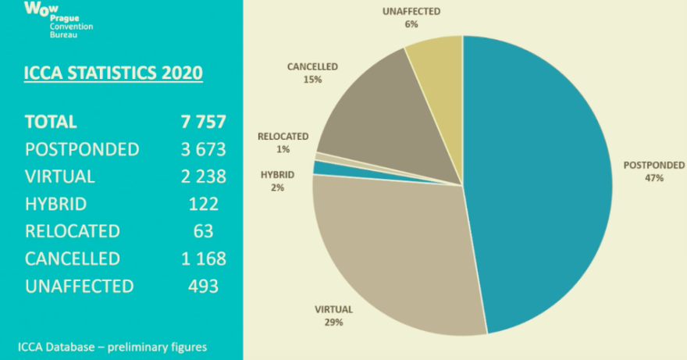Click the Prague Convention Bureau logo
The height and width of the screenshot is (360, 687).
pyautogui.click(x=59, y=20)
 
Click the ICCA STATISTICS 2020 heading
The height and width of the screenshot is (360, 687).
pyautogui.click(x=114, y=74)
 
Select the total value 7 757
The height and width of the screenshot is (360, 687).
pyautogui.click(x=203, y=122)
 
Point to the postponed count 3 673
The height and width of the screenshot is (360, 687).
pyautogui.click(x=203, y=149)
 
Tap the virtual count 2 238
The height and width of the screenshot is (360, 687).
pyautogui.click(x=203, y=176)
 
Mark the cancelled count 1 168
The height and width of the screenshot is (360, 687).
pyautogui.click(x=203, y=258)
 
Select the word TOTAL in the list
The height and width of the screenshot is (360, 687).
pyautogui.click(x=52, y=122)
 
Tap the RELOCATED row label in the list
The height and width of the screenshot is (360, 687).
pyautogui.click(x=73, y=232)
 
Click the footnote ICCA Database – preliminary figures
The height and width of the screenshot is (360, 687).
pyautogui.click(x=112, y=347)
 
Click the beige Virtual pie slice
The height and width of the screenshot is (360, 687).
pyautogui.click(x=390, y=250)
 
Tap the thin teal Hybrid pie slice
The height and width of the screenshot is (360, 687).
pyautogui.click(x=320, y=167)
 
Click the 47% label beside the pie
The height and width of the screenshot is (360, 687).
pyautogui.click(x=653, y=178)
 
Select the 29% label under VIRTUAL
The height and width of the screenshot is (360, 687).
pyautogui.click(x=333, y=322)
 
